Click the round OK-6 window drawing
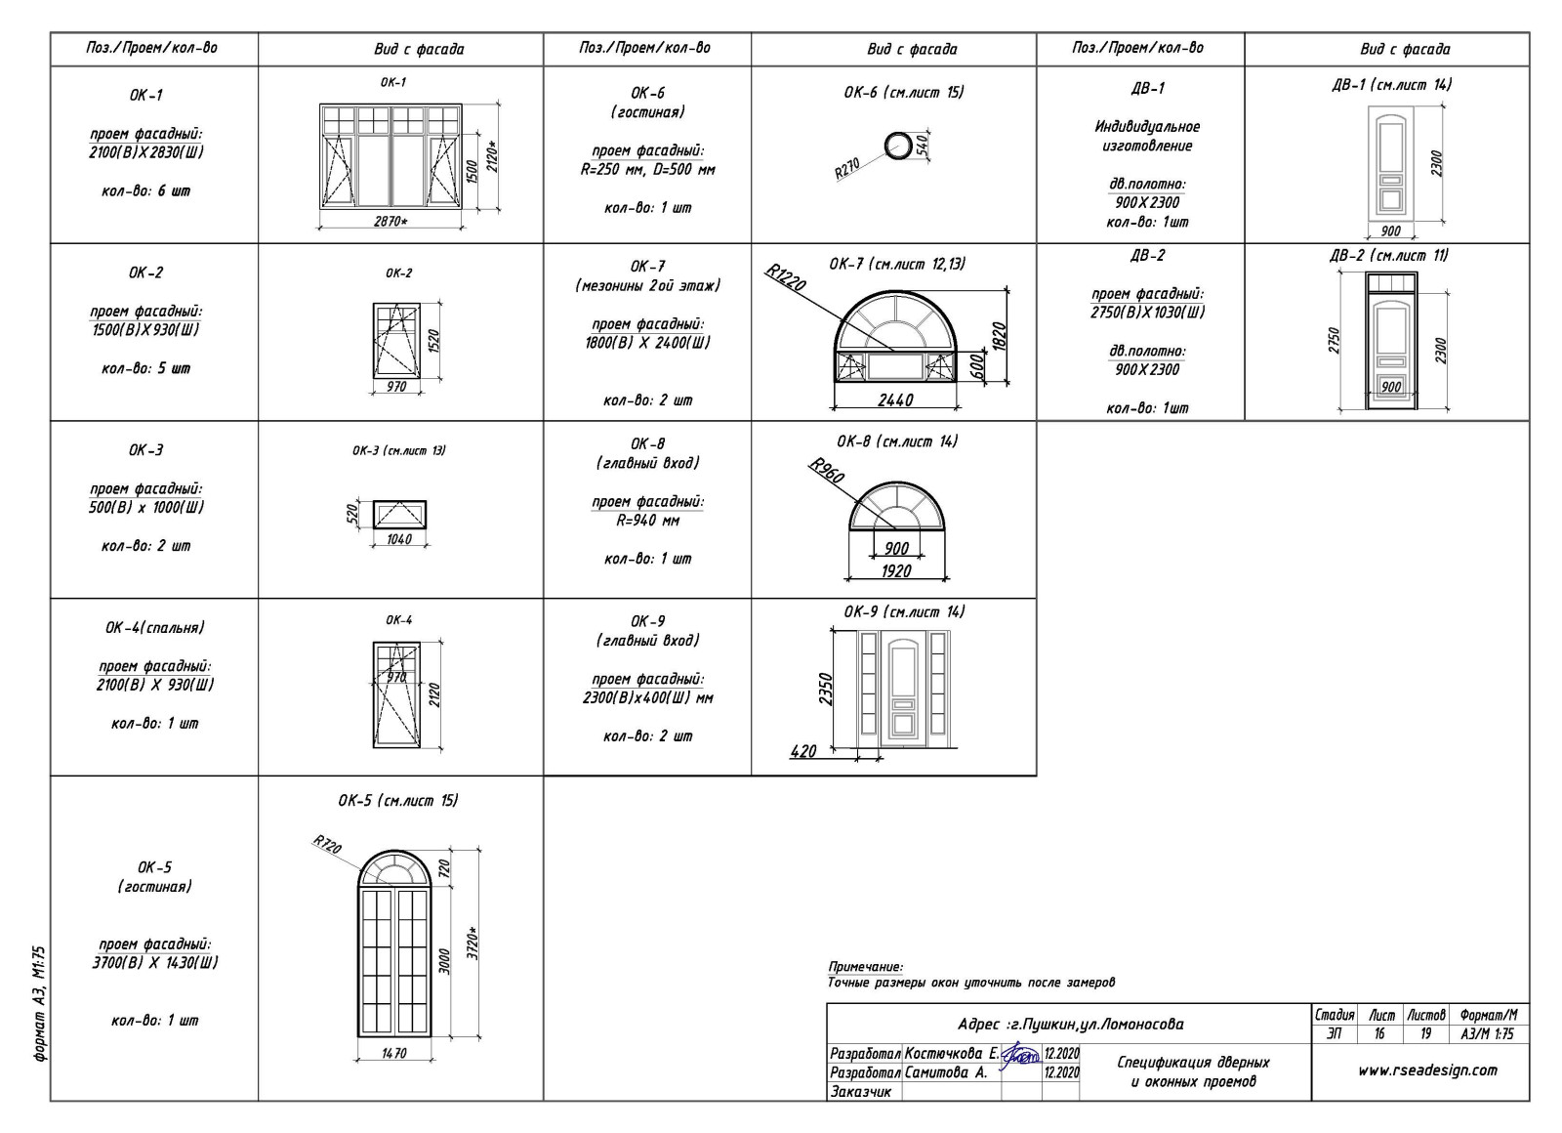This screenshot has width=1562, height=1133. click(897, 147)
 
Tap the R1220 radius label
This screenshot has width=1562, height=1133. click(786, 278)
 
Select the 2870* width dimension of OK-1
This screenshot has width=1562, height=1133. click(390, 222)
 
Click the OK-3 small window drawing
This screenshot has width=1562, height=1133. click(399, 514)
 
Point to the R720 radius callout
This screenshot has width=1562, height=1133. click(327, 845)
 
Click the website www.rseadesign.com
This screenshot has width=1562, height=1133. click(1426, 1070)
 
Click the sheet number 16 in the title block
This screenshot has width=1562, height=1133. click(1379, 1032)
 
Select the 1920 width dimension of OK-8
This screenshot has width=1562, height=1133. click(895, 570)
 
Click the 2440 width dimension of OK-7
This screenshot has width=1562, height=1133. click(895, 399)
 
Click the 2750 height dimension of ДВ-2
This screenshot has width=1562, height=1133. click(1334, 340)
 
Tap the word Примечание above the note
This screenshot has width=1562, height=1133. click(865, 966)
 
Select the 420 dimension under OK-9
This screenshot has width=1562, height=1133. click(802, 751)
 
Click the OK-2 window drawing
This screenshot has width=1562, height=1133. click(396, 338)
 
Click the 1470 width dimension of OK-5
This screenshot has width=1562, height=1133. click(393, 1053)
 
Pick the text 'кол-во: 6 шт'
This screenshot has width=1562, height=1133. click(145, 190)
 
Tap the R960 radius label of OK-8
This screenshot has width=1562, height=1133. click(827, 471)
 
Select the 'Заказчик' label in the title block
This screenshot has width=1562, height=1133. click(860, 1091)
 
